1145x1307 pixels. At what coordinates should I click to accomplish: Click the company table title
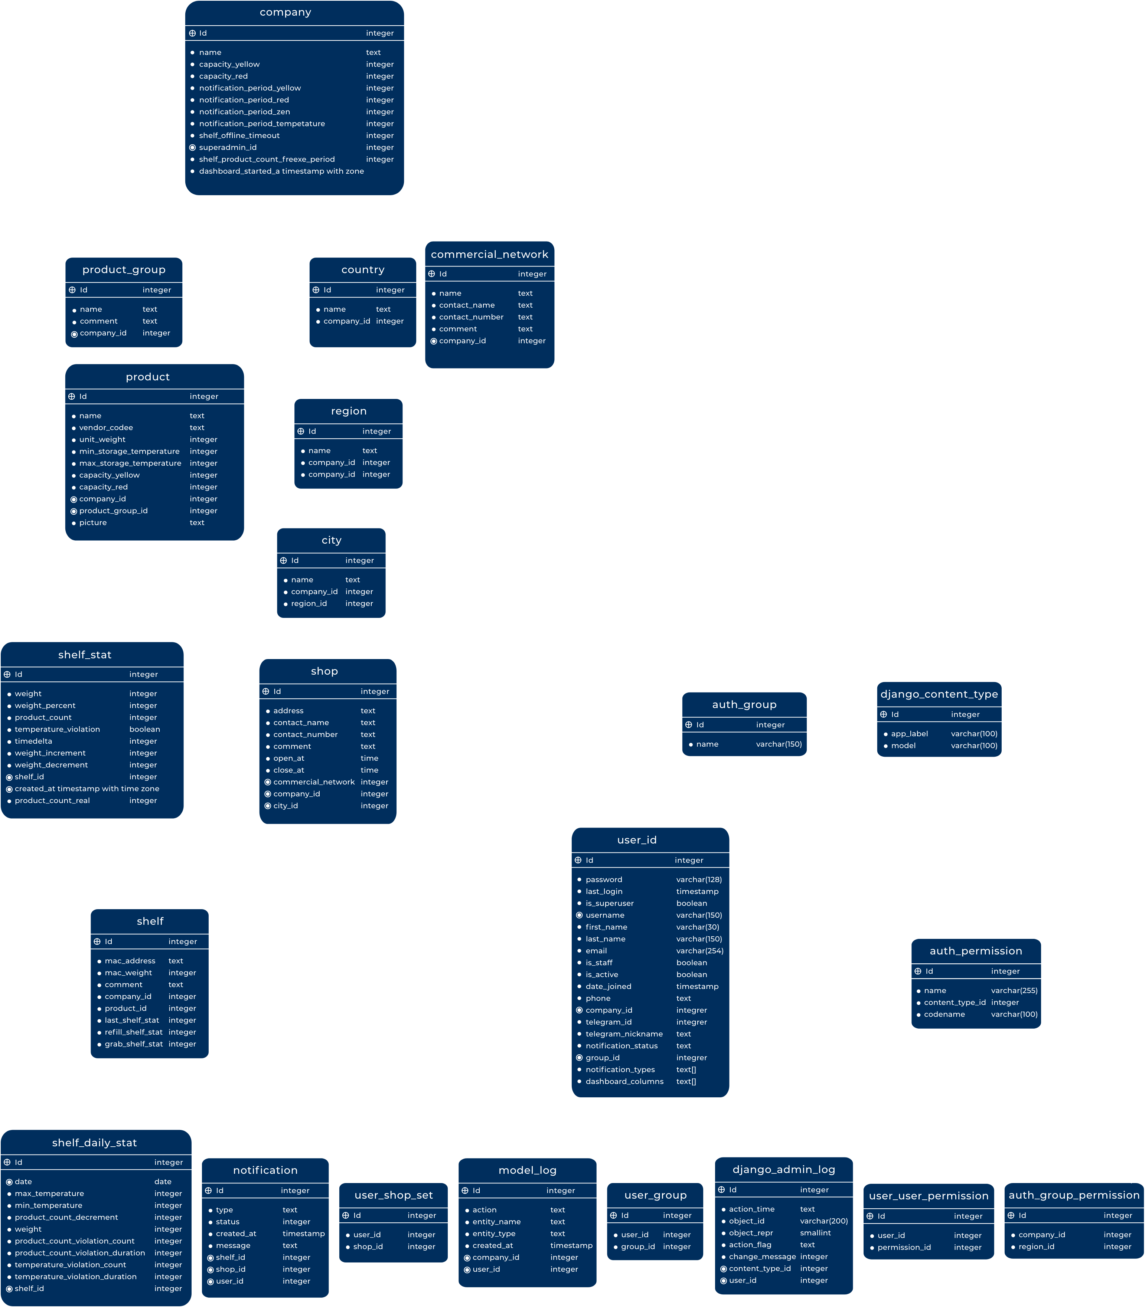285,12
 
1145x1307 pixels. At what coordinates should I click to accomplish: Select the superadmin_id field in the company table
228,147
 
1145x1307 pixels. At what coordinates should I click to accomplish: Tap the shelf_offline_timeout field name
239,135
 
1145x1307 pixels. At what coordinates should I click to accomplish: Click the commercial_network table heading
489,254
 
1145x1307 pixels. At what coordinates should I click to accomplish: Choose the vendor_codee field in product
106,428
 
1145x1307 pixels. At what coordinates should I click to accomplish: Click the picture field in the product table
93,523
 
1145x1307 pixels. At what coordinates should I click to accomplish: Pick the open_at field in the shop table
289,759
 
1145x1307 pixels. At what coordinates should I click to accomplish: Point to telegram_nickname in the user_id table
624,1034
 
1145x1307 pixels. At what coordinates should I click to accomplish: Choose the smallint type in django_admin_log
815,1233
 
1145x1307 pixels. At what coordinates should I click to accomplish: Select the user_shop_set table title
394,1195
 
